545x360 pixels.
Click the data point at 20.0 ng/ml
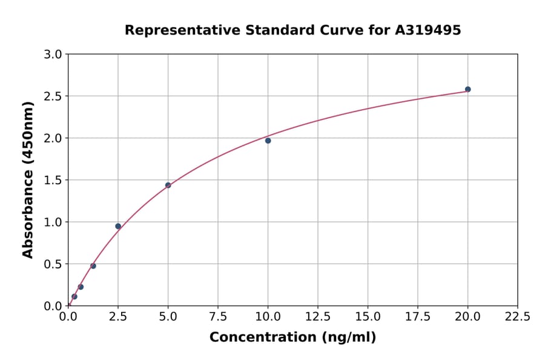[467, 89]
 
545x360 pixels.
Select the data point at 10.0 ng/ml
[268, 141]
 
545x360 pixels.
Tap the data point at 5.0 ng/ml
[168, 185]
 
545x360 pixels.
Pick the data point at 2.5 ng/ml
[118, 226]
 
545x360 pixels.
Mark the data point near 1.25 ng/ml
[93, 266]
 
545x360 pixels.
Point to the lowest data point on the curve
[74, 297]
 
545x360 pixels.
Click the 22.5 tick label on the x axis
[517, 317]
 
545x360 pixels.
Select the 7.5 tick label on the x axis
[218, 317]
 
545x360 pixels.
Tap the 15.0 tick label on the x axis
[368, 317]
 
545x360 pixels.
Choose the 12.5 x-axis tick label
[318, 317]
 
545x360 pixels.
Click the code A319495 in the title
[428, 30]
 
